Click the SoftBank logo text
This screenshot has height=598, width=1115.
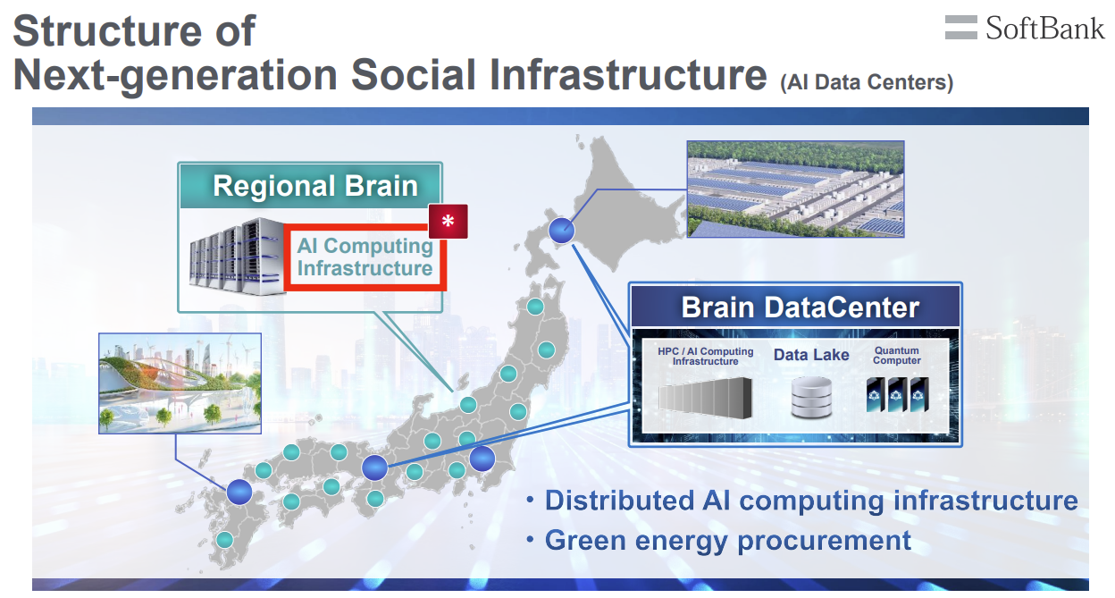point(1044,28)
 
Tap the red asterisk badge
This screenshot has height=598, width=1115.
point(448,221)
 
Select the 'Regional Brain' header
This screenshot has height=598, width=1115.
point(315,186)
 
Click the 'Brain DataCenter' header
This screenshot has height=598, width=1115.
point(800,307)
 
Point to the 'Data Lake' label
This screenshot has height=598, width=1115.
point(811,355)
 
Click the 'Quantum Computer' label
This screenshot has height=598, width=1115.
point(896,356)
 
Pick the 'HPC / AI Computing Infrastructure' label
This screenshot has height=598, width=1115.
point(705,356)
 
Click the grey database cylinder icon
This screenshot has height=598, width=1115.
point(811,397)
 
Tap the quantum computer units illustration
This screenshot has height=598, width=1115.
point(898,394)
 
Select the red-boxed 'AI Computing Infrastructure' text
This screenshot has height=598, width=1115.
point(365,257)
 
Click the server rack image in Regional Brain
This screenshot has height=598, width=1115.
point(237,256)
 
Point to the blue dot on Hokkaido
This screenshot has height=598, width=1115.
point(561,231)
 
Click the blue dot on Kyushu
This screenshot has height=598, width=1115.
point(239,492)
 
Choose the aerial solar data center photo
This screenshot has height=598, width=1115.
point(795,189)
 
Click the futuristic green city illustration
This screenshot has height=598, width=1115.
point(180,383)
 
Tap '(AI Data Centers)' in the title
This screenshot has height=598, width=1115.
point(867,82)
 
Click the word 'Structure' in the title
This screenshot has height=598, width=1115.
point(107,31)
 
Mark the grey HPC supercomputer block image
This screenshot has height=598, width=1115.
point(705,398)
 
